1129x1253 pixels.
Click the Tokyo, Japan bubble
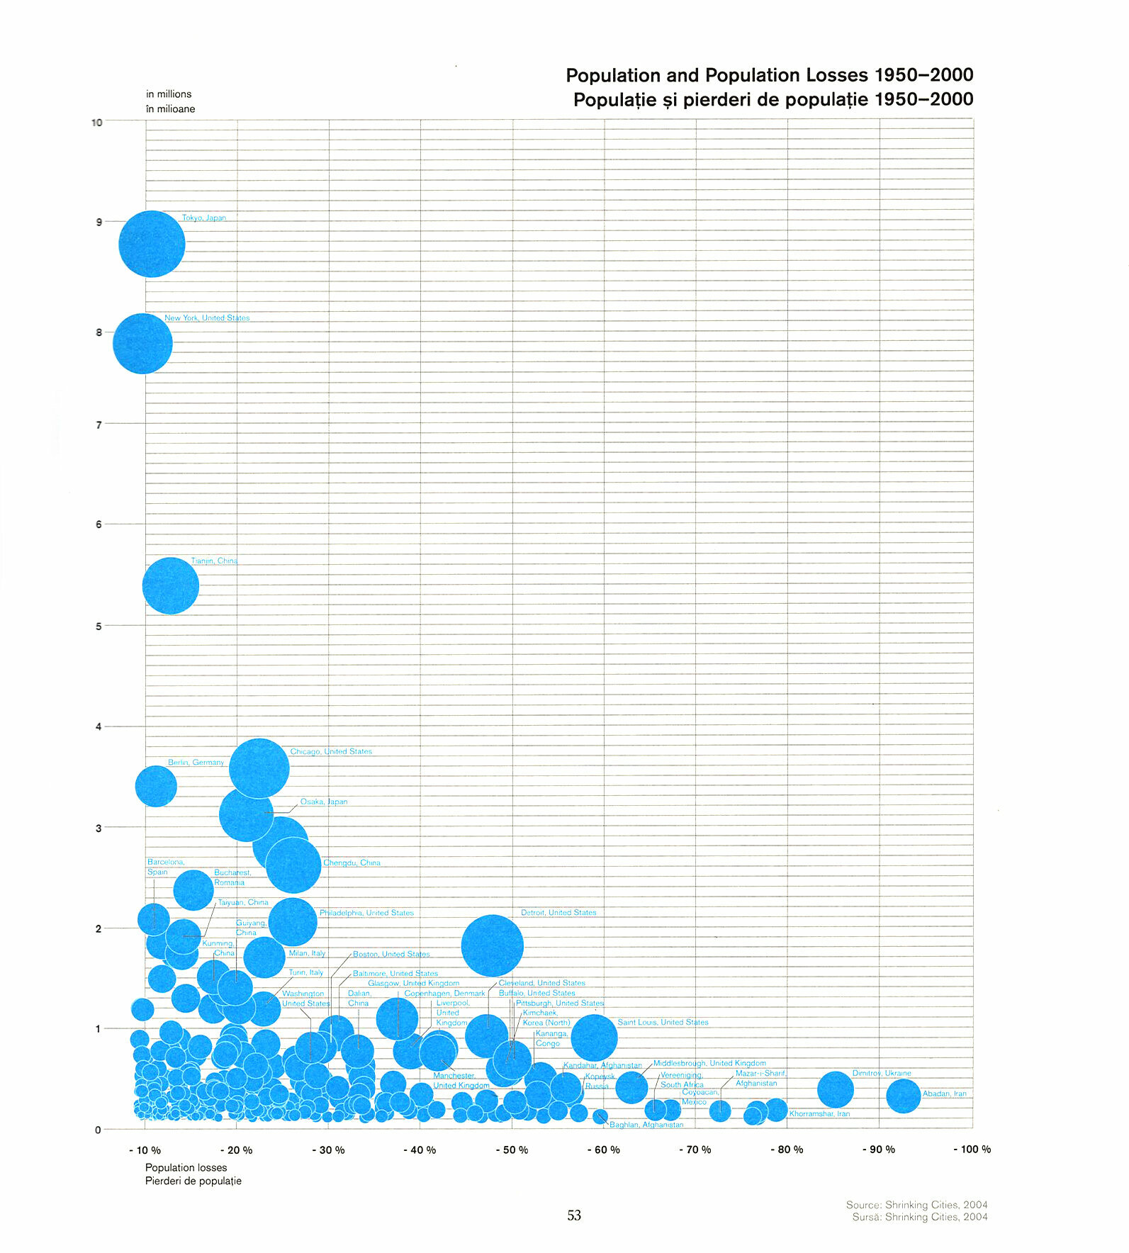tap(152, 244)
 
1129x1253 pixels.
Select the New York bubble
tap(142, 344)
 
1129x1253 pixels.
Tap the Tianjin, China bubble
tap(171, 585)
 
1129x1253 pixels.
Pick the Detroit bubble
tap(492, 945)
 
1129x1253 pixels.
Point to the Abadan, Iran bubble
tap(903, 1095)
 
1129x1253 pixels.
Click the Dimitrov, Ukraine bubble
tap(836, 1089)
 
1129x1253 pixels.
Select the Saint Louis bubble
tap(594, 1038)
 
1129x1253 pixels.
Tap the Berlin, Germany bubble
tap(156, 786)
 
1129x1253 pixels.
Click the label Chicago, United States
tap(331, 751)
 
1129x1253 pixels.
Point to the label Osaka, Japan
tap(324, 802)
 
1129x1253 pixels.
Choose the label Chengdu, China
tap(352, 863)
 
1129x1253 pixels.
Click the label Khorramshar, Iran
tap(819, 1113)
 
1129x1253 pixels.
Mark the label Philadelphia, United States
tap(366, 913)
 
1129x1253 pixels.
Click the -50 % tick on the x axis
tap(512, 1150)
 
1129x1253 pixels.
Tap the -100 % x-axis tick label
tap(972, 1149)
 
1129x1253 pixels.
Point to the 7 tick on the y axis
tap(99, 425)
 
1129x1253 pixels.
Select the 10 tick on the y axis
tap(97, 123)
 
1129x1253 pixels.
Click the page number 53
tap(574, 1215)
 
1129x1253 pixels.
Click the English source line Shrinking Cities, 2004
tap(916, 1205)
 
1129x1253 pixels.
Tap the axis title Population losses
tap(186, 1167)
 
